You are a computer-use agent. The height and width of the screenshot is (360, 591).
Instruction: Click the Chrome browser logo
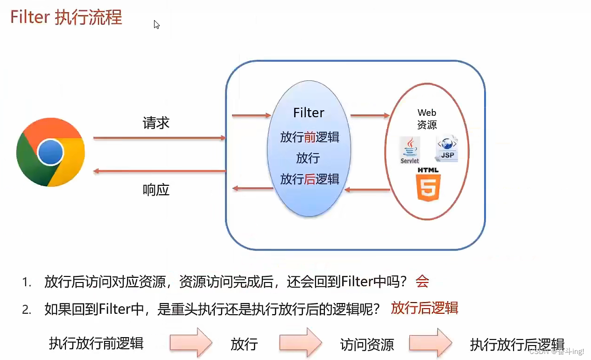pyautogui.click(x=50, y=152)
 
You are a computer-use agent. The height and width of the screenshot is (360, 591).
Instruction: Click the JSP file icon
pyautogui.click(x=447, y=149)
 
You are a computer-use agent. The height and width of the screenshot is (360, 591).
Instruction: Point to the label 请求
pyautogui.click(x=156, y=123)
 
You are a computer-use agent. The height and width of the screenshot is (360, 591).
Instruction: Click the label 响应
pyautogui.click(x=156, y=190)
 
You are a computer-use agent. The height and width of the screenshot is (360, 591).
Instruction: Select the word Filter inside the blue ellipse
pyautogui.click(x=309, y=113)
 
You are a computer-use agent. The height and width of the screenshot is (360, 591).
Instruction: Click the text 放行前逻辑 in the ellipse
pyautogui.click(x=310, y=137)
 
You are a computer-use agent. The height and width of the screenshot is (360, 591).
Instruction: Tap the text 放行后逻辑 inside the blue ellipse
pyautogui.click(x=310, y=179)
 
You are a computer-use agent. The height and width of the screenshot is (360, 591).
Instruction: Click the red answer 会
pyautogui.click(x=422, y=281)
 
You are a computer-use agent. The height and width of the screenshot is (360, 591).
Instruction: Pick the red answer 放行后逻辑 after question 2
pyautogui.click(x=424, y=308)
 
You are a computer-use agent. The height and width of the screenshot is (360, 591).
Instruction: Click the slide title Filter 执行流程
pyautogui.click(x=66, y=18)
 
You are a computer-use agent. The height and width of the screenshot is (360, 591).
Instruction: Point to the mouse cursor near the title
pyautogui.click(x=156, y=24)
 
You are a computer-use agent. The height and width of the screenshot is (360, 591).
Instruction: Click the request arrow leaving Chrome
pyautogui.click(x=159, y=138)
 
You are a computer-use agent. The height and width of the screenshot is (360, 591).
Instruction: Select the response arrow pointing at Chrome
pyautogui.click(x=159, y=171)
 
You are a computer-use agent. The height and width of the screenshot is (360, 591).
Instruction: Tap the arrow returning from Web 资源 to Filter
pyautogui.click(x=367, y=190)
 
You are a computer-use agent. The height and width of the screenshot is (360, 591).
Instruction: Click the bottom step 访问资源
pyautogui.click(x=367, y=345)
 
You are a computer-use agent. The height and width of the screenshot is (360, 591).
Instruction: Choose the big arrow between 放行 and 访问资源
pyautogui.click(x=301, y=343)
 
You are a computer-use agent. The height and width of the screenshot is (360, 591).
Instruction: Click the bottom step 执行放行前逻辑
pyautogui.click(x=96, y=343)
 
